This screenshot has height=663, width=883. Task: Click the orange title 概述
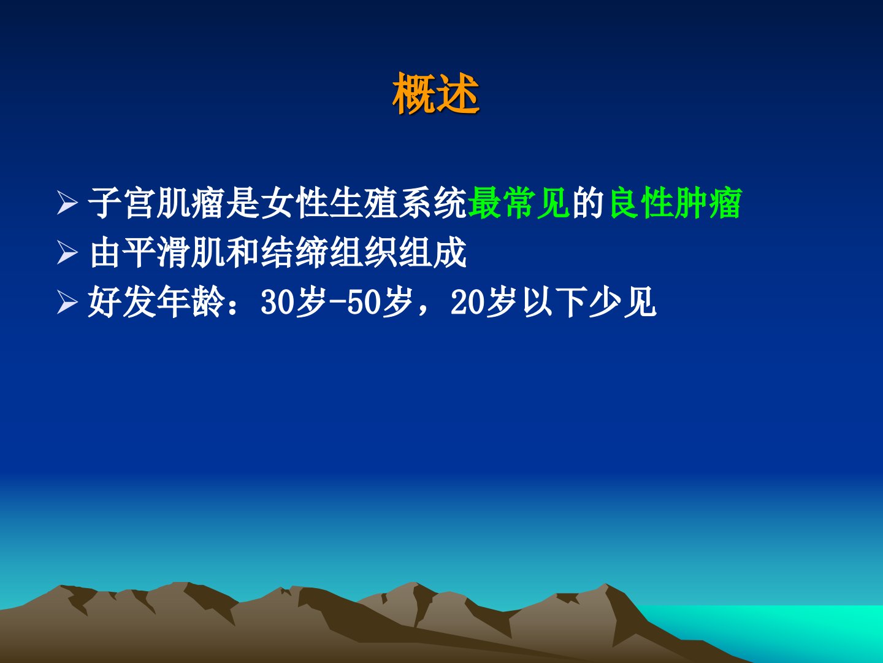point(436,94)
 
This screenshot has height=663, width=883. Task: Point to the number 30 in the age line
point(277,303)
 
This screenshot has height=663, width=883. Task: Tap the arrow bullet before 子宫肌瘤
point(67,203)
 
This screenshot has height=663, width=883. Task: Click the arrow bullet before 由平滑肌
point(67,253)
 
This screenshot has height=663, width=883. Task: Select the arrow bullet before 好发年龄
point(67,303)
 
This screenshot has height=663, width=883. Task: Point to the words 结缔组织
point(330,253)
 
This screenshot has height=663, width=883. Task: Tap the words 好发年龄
point(156,303)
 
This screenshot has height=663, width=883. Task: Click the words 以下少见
point(590,303)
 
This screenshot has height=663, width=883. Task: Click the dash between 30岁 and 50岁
point(338,303)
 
